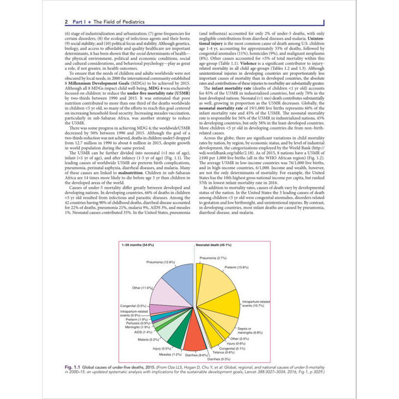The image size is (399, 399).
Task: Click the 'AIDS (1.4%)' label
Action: [143, 332]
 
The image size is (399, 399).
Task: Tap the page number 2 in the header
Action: [66, 22]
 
